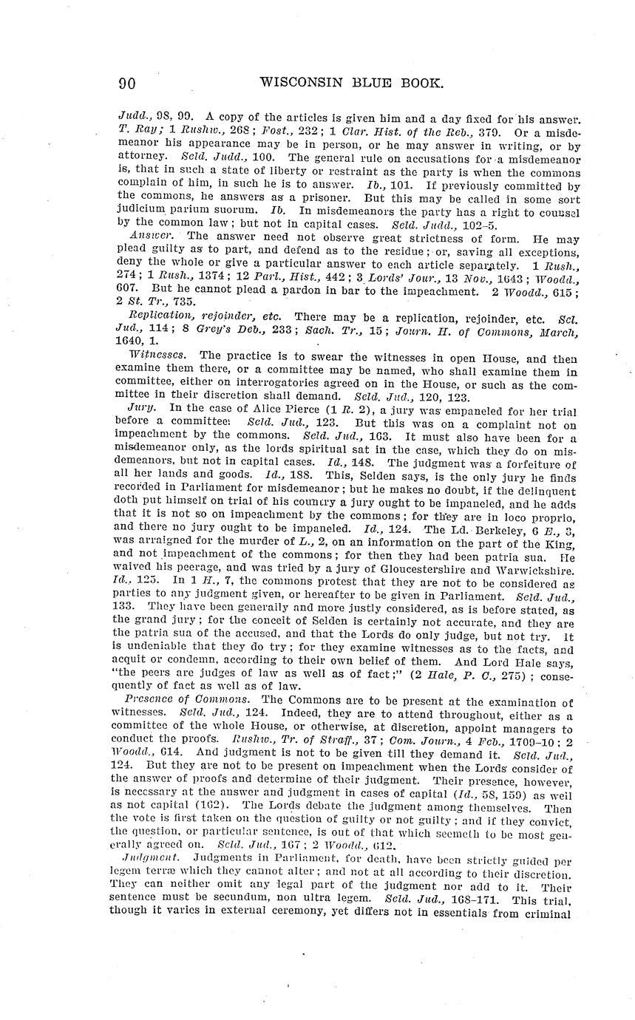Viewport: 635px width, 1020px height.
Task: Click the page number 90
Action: pyautogui.click(x=126, y=84)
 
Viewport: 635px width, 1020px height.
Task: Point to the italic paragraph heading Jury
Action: pyautogui.click(x=140, y=407)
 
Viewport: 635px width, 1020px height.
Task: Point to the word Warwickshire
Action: pyautogui.click(x=525, y=569)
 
